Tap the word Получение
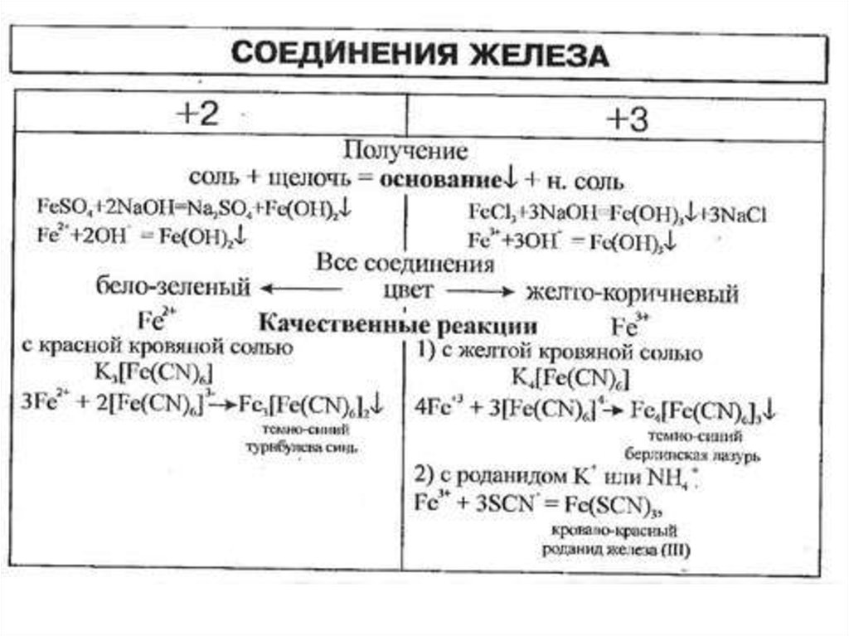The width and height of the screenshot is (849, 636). [405, 151]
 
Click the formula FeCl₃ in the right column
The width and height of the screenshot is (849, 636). [490, 214]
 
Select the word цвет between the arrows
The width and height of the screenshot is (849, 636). [406, 291]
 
